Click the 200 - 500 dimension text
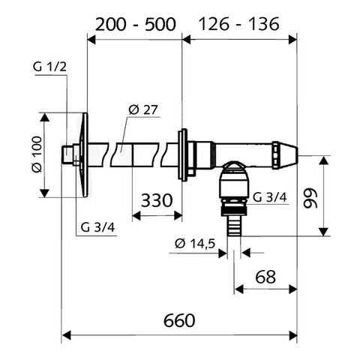pyautogui.click(x=136, y=25)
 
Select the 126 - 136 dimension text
pyautogui.click(x=239, y=24)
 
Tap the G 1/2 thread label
pyautogui.click(x=49, y=67)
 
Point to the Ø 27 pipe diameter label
pyautogui.click(x=143, y=109)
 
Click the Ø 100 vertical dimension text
pyautogui.click(x=37, y=154)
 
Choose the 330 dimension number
pyautogui.click(x=157, y=200)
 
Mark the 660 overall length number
pyautogui.click(x=179, y=320)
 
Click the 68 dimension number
pyautogui.click(x=265, y=277)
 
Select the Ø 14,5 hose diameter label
pyautogui.click(x=195, y=244)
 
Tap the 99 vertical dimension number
pyautogui.click(x=310, y=198)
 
